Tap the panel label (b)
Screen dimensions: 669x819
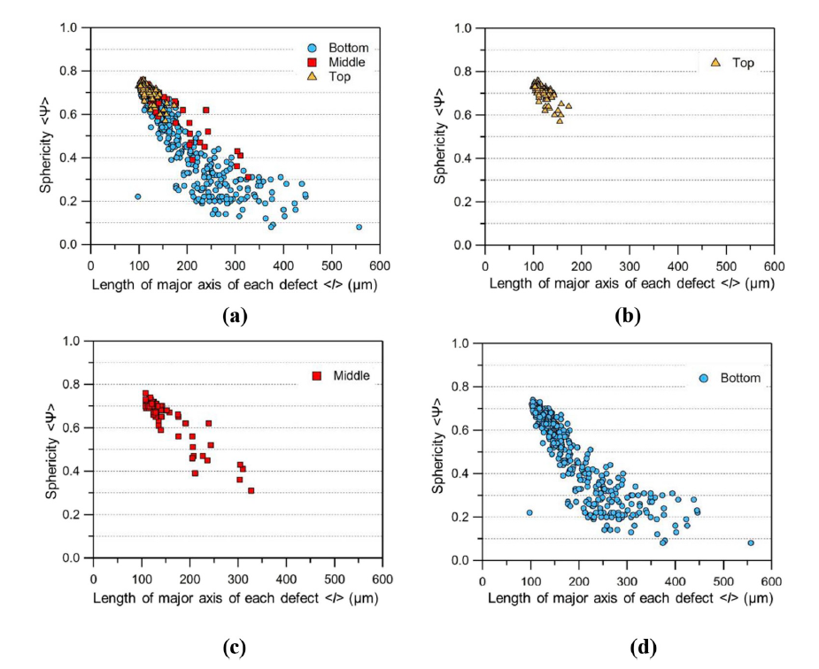pyautogui.click(x=628, y=314)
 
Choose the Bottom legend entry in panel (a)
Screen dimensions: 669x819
pyautogui.click(x=340, y=47)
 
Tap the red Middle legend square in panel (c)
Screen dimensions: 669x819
pyautogui.click(x=316, y=376)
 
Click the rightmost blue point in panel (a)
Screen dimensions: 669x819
pyautogui.click(x=359, y=227)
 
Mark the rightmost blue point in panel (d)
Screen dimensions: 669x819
pyautogui.click(x=751, y=542)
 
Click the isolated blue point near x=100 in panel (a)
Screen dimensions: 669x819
pyautogui.click(x=137, y=196)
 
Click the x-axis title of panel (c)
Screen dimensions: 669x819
pyautogui.click(x=238, y=597)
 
